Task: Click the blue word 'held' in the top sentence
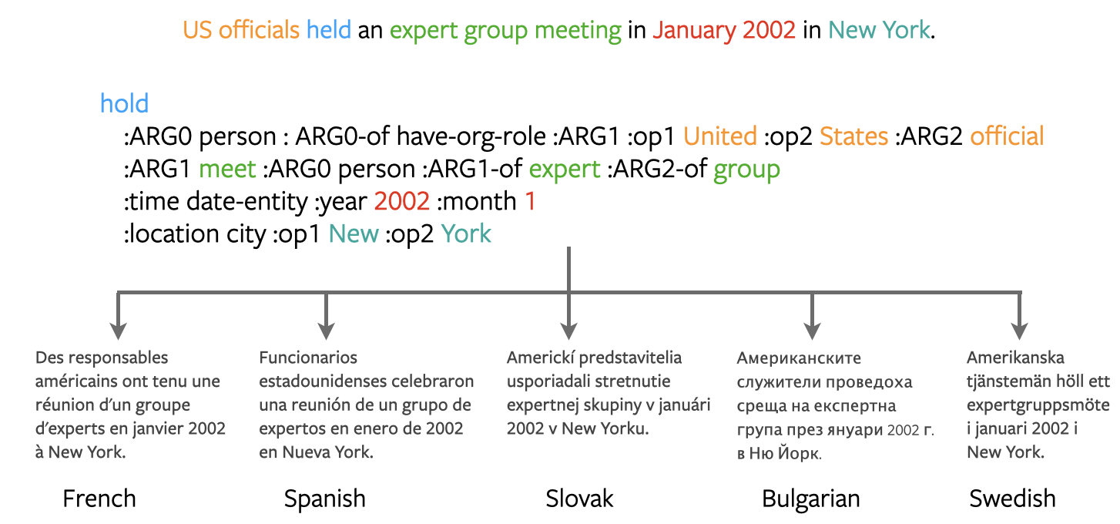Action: coord(328,30)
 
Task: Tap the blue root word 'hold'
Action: coord(125,103)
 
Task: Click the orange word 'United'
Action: coord(720,136)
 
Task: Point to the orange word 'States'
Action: coord(853,136)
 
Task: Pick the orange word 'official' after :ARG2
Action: coord(1007,136)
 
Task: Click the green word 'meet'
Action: coord(227,169)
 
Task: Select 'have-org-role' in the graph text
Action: coord(471,137)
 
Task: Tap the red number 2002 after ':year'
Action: coord(401,201)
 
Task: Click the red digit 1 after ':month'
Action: coord(531,201)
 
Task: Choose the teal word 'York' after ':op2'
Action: coord(466,234)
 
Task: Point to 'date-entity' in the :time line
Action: coord(247,202)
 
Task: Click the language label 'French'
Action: coord(99,499)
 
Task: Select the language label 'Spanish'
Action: coord(325,499)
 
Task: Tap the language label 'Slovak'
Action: coord(579,499)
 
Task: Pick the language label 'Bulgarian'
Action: coord(811,499)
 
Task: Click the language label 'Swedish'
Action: coord(1012,499)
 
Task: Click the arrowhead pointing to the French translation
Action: coord(118,331)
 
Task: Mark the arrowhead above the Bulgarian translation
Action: coord(813,331)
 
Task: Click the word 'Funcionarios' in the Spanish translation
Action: coord(308,358)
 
